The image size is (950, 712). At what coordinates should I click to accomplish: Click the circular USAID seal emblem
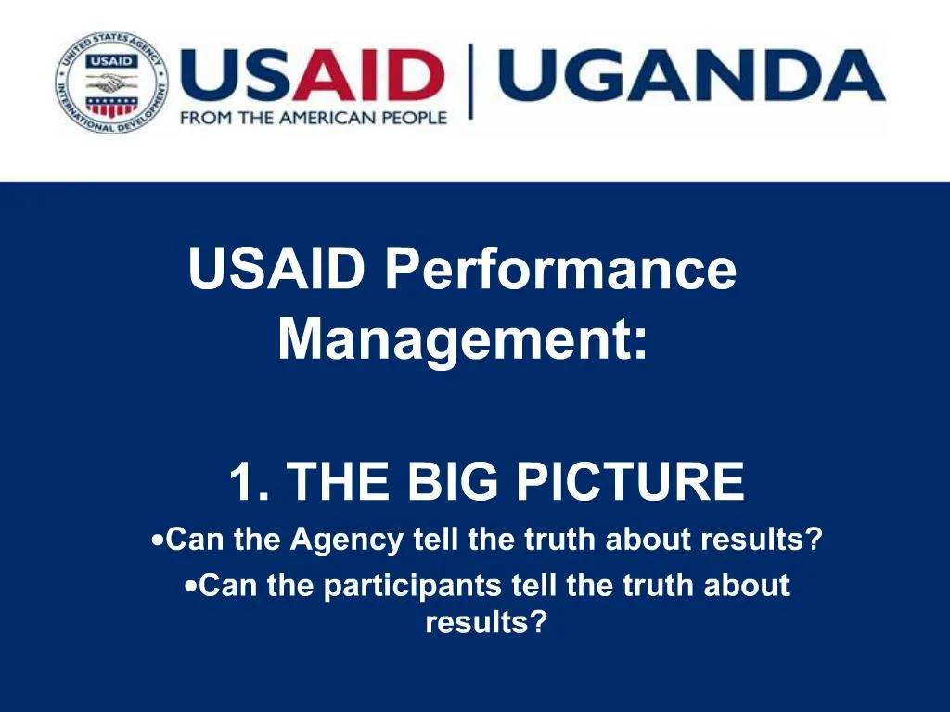coord(111,82)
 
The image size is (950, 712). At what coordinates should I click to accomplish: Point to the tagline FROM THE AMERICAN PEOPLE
coord(314,118)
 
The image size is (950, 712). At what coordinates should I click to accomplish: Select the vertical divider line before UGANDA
coord(471,82)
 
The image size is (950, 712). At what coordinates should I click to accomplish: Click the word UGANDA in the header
coord(690,76)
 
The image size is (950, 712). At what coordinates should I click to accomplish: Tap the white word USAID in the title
coord(276,270)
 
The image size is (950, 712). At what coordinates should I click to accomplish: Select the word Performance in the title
coord(561,270)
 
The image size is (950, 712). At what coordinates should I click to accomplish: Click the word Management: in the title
coord(463,338)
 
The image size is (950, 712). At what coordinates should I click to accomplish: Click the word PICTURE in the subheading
coord(630,482)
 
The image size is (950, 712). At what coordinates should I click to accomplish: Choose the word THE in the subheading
coord(342,482)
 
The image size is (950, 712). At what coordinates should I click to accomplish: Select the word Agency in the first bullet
coord(346,540)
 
